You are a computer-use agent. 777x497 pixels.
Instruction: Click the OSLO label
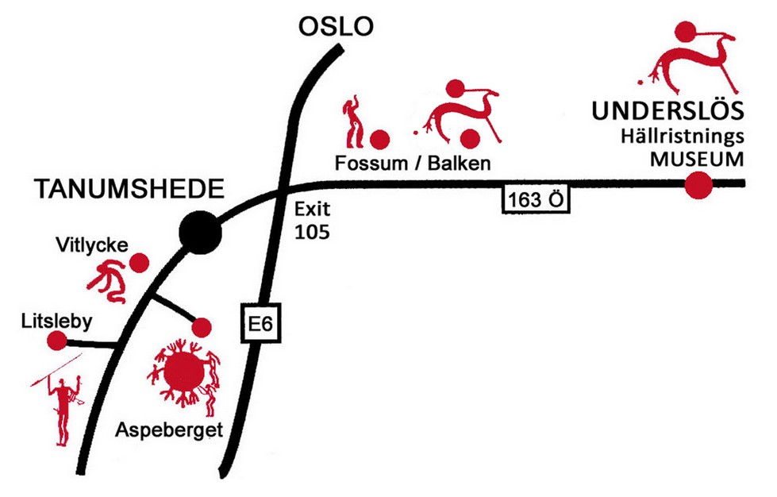(335, 28)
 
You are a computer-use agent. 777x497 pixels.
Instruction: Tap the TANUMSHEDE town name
(127, 189)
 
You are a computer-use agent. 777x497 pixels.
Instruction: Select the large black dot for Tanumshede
(198, 232)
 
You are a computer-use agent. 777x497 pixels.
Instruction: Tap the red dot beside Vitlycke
(140, 262)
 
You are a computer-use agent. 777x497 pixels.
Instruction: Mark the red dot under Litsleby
(57, 341)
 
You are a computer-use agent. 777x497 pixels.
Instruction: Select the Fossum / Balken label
(412, 163)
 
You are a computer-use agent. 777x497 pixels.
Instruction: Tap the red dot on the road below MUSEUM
(698, 185)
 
